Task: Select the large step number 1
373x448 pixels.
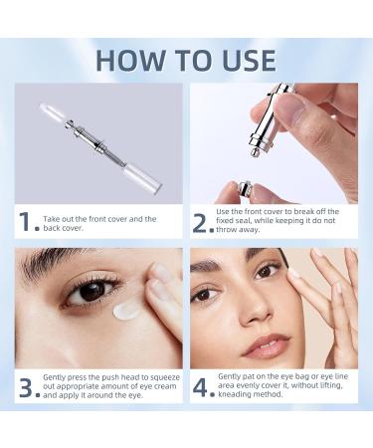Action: coord(27,223)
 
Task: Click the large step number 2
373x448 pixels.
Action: coord(202,223)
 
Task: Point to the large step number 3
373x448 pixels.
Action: coord(27,385)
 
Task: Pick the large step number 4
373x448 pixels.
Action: coord(203,385)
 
